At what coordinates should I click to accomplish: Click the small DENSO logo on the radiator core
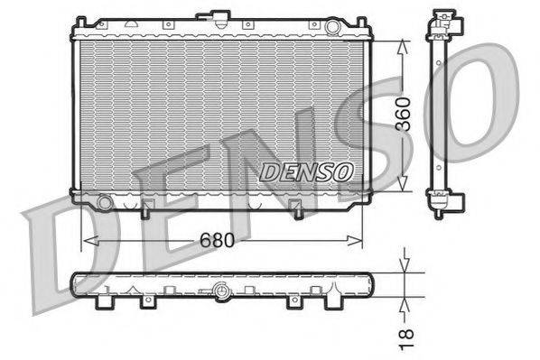click(x=305, y=171)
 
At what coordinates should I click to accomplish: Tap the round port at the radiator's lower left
click(x=105, y=203)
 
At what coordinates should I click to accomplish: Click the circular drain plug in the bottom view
click(x=222, y=291)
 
